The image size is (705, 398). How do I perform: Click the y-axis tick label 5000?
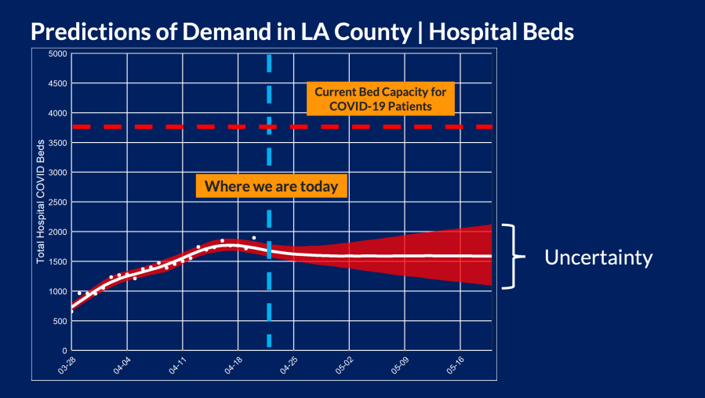pos(57,53)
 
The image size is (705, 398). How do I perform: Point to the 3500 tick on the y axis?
pos(57,143)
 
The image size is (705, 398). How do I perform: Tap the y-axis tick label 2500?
pos(57,202)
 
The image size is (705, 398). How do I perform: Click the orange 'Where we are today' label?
pos(271,186)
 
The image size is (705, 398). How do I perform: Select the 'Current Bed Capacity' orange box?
pos(380,98)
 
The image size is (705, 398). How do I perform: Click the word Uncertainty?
pos(598,257)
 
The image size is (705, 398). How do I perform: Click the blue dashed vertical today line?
pos(269,314)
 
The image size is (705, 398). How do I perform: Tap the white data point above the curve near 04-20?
pos(253,238)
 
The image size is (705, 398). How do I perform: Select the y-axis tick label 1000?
pos(57,291)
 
